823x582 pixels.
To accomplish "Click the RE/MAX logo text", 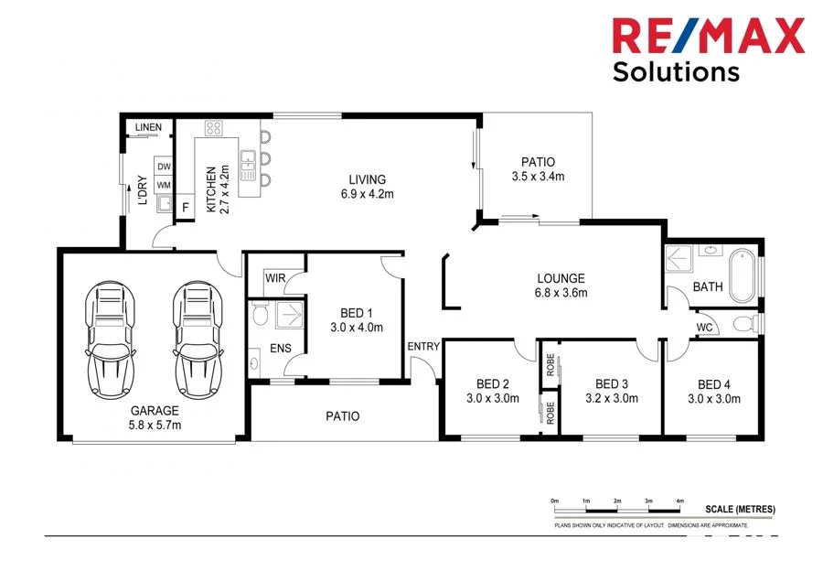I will (x=709, y=36).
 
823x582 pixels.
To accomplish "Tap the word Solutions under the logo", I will (x=676, y=71).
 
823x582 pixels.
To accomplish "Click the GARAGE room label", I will (x=154, y=410).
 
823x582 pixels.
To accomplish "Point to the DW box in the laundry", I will (x=164, y=167).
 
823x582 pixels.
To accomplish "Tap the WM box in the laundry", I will (x=164, y=186).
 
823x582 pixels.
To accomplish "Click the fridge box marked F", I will (x=186, y=208).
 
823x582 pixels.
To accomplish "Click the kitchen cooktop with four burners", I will (x=214, y=128).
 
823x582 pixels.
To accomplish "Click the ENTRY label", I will (x=423, y=346).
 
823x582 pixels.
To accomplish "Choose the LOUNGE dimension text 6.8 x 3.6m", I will (x=561, y=294).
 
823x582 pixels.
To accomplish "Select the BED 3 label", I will (x=612, y=384).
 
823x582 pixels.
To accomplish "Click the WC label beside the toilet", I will (x=705, y=327).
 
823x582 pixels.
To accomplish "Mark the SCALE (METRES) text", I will (x=740, y=510).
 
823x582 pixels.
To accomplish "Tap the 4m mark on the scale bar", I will (x=679, y=501).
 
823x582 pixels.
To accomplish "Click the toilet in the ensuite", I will (x=259, y=317).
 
